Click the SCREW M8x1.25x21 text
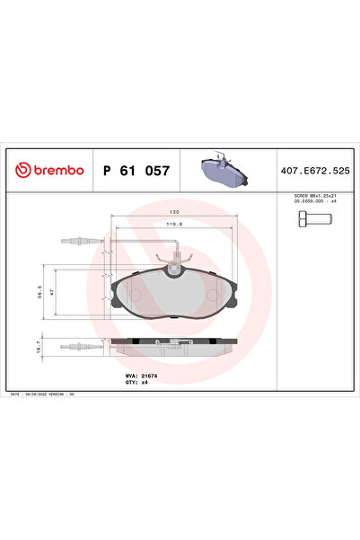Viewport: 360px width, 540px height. pos(316,195)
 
